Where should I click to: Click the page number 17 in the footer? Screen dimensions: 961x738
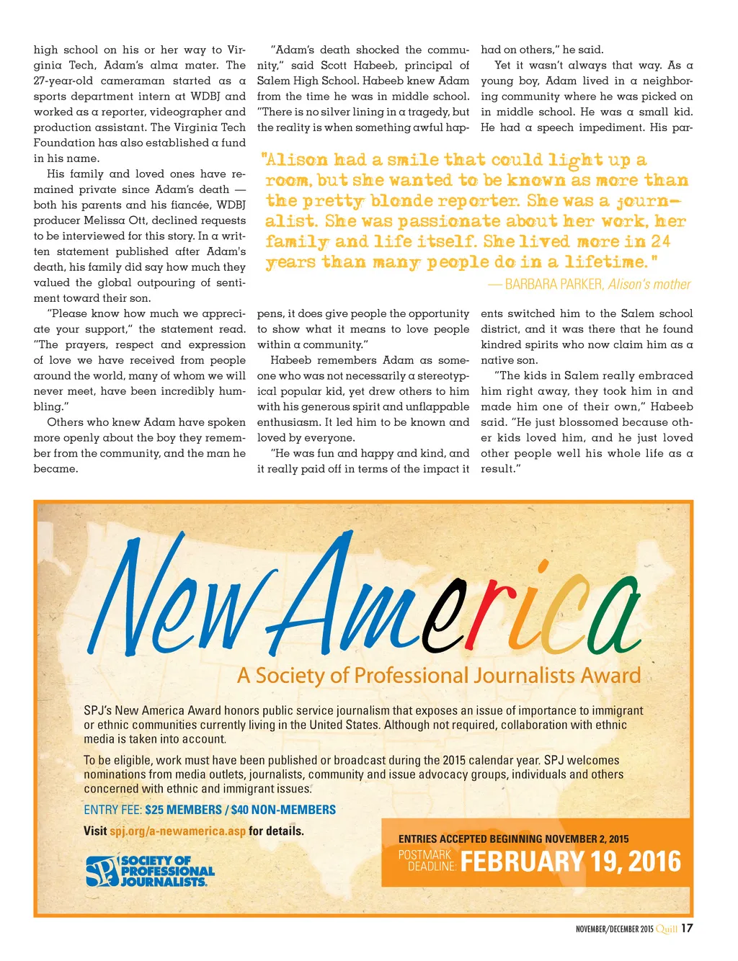tap(687, 928)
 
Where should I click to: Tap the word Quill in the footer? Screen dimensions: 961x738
tap(667, 929)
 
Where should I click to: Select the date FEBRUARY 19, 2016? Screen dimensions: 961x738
tap(570, 862)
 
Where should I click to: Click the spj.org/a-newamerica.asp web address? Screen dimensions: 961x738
tap(177, 831)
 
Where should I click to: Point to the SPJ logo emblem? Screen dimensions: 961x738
tap(102, 871)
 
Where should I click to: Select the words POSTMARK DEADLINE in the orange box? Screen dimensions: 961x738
tap(427, 860)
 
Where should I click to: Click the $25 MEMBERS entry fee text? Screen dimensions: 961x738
tap(183, 810)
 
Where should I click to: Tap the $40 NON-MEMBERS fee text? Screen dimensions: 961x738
tap(283, 810)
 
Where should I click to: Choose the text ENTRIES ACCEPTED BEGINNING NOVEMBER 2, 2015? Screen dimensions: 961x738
tap(513, 839)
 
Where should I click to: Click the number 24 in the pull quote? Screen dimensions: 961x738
tap(660, 241)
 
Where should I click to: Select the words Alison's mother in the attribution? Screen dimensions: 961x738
tap(649, 284)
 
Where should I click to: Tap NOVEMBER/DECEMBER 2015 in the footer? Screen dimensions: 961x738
tap(614, 929)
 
